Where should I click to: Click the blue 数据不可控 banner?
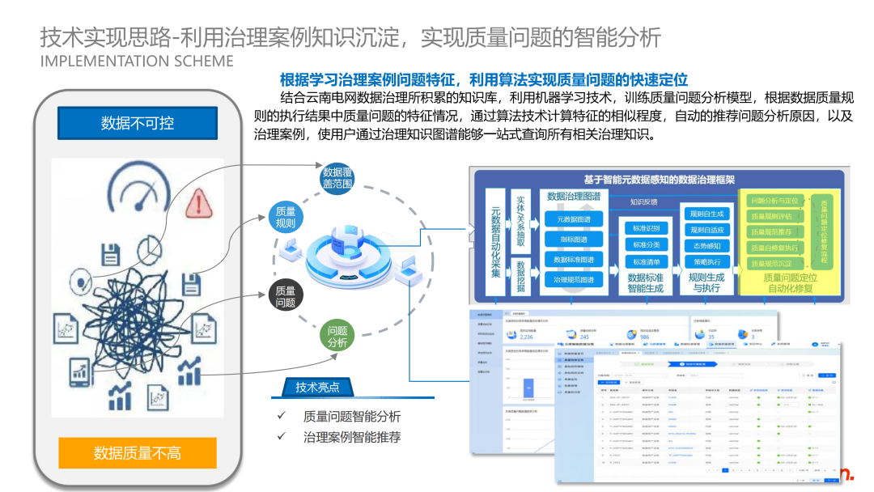138,123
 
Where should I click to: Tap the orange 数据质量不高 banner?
138,453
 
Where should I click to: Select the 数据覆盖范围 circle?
337,178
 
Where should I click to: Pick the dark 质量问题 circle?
285,297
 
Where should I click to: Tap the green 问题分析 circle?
337,337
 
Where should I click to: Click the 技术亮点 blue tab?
318,388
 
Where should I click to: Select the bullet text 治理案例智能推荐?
352,437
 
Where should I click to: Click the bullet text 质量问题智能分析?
352,417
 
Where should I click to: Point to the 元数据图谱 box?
573,219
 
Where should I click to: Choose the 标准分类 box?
646,244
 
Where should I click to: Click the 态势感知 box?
706,246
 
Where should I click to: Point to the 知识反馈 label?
644,201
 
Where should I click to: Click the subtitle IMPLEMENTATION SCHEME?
137,61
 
